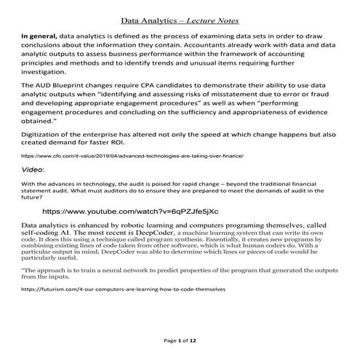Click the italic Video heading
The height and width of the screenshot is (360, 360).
point(33,169)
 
